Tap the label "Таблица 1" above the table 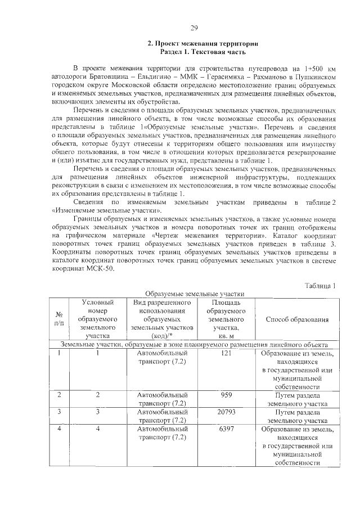(x=320, y=286)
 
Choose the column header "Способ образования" (x=297, y=319)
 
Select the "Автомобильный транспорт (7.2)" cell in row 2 (x=162, y=399)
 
